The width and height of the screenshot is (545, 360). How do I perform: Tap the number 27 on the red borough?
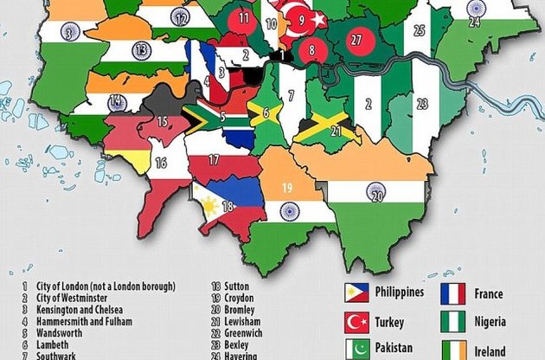[356, 40]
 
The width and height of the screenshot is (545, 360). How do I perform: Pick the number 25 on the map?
[420, 31]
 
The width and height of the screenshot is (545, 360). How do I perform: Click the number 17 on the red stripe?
[213, 160]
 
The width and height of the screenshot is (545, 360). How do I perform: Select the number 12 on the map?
[180, 16]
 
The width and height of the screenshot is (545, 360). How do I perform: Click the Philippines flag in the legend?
[356, 293]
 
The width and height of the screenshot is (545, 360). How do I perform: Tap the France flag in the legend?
[454, 293]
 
